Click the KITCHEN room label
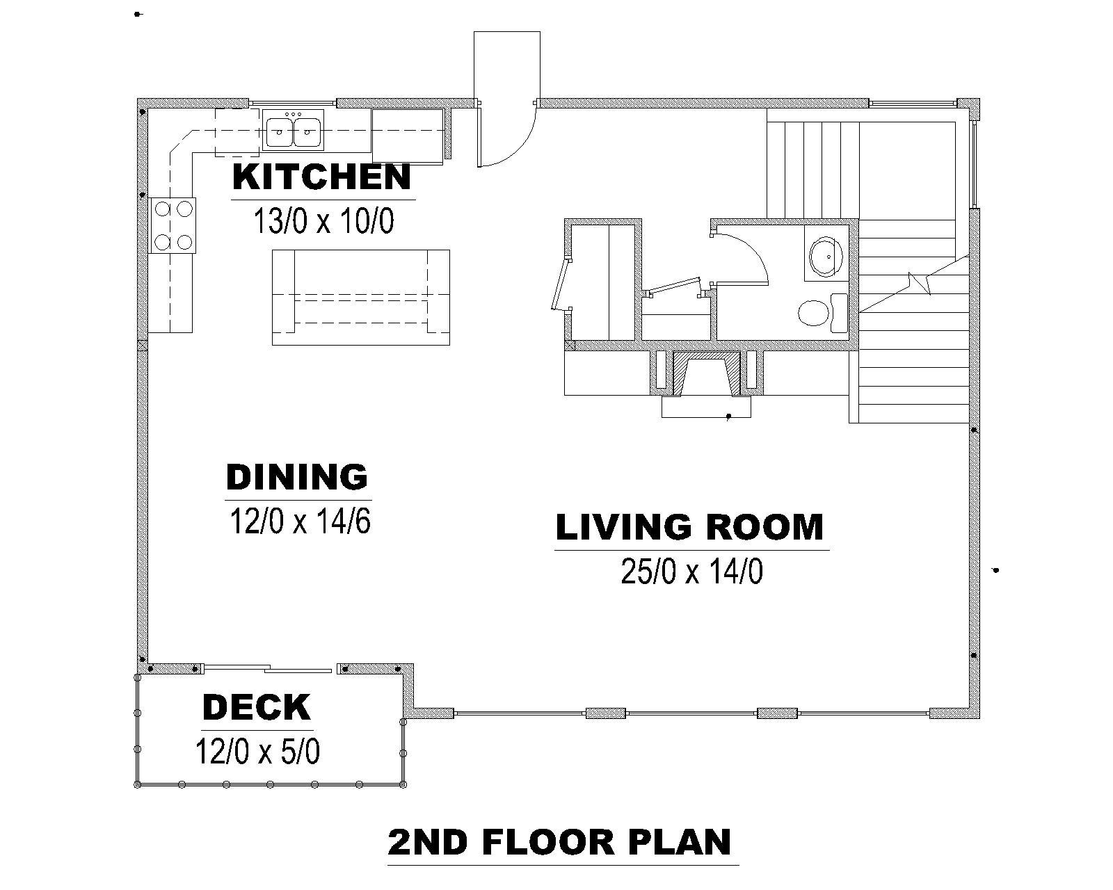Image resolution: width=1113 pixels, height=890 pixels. pos(321,177)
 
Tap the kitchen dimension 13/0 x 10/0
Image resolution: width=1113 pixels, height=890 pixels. pos(323,221)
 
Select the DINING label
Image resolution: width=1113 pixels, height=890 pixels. pos(297,477)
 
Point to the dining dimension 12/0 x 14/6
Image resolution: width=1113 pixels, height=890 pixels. pos(300,521)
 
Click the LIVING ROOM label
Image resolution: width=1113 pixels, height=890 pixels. pos(690,527)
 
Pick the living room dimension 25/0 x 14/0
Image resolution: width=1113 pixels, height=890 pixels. pos(692,572)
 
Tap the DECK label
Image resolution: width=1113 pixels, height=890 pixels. pos(257,707)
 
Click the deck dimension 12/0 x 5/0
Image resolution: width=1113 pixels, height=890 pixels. pos(257,751)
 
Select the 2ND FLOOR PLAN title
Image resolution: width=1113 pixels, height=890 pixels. pos(559,842)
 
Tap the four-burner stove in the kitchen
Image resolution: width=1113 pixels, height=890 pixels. pos(173,225)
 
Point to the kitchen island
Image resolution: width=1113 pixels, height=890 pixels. pos(361,298)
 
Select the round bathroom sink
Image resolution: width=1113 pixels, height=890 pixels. pos(826,254)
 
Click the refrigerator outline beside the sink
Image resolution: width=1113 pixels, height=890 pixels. pos(408,136)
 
